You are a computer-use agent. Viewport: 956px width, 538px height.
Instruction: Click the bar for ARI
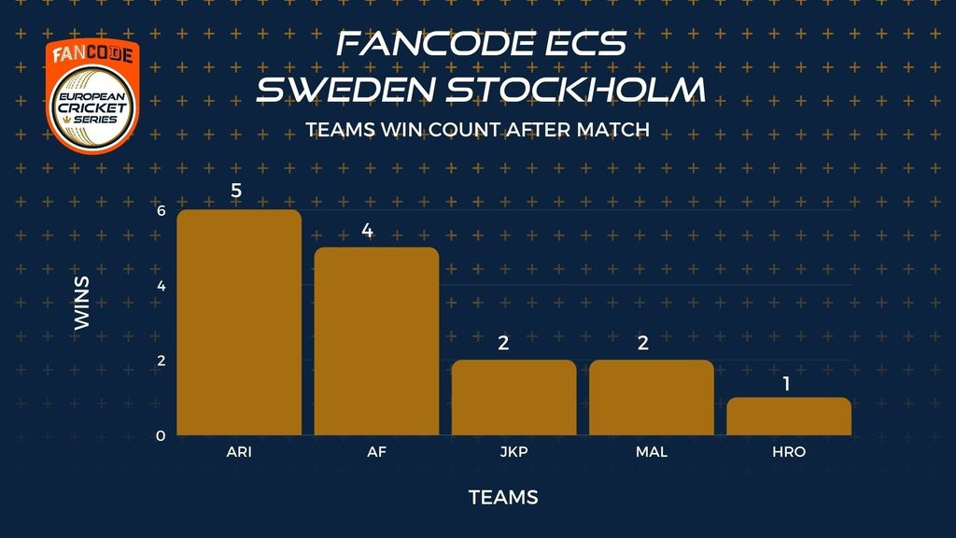(239, 322)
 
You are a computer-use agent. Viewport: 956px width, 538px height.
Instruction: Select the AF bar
(376, 341)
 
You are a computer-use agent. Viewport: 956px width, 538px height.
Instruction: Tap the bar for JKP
(514, 398)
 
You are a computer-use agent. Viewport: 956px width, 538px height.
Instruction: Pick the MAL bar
(651, 398)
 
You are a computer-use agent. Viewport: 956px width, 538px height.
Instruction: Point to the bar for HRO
(789, 416)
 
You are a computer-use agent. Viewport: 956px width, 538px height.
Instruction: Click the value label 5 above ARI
(236, 191)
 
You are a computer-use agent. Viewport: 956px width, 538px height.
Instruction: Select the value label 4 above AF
(367, 230)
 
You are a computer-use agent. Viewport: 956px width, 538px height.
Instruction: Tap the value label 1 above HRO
(786, 384)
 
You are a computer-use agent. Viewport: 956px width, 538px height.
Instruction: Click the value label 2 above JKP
(503, 343)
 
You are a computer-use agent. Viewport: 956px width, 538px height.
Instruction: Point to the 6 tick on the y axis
(161, 210)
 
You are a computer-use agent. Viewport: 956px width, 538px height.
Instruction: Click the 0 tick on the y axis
(161, 436)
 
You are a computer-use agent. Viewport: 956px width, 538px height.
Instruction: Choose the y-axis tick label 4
(161, 286)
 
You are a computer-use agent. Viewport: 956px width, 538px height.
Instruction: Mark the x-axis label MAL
(651, 452)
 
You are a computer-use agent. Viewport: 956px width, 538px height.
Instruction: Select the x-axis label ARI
(239, 452)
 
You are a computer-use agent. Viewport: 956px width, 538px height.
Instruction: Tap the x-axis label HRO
(789, 452)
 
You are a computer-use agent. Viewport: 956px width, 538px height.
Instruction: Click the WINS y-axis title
(82, 304)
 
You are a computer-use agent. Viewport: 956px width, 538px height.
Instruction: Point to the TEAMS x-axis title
(503, 498)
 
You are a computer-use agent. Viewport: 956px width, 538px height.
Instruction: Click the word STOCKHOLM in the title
(575, 90)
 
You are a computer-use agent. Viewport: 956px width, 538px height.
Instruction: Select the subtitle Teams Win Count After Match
(477, 129)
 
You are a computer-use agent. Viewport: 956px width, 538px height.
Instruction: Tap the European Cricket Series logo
(92, 96)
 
